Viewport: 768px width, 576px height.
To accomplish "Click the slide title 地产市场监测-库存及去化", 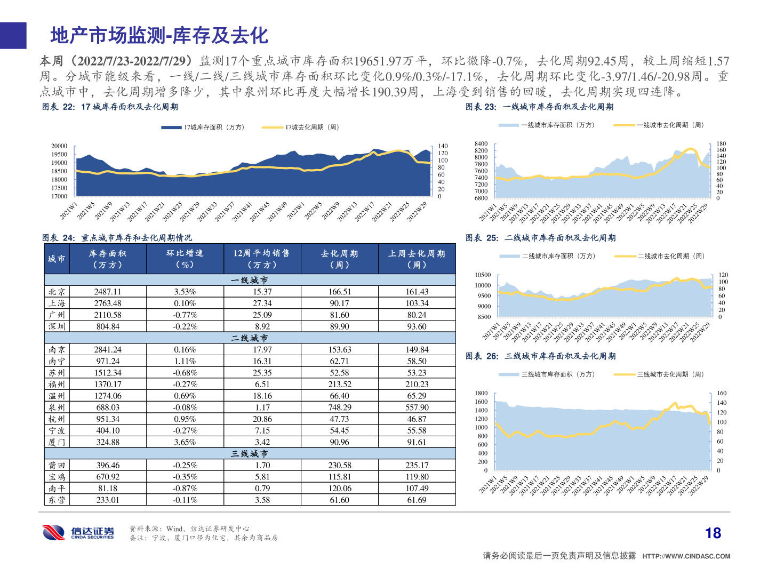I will pos(159,36).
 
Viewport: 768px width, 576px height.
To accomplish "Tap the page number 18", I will pos(713,533).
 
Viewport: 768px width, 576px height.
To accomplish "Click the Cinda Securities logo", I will pos(78,532).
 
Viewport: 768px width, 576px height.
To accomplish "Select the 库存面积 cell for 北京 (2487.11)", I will pos(108,292).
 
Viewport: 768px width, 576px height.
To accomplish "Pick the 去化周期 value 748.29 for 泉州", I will pos(339,407).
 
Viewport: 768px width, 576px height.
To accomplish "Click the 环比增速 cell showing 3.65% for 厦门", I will pos(185,442).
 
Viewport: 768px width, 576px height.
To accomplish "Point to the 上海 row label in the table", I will pos(57,303).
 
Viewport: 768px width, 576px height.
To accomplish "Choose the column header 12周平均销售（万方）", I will pos(262,259).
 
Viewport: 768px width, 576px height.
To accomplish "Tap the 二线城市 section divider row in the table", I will pos(250,338).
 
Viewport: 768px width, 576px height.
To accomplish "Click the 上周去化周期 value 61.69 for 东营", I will pos(417,500).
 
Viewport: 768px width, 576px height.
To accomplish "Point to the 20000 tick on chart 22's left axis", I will pos(59,146).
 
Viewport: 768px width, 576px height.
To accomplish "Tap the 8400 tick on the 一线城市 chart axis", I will pos(481,144).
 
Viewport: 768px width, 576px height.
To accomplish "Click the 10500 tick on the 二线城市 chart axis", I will pos(483,275).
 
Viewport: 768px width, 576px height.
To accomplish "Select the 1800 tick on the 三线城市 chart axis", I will pos(481,394).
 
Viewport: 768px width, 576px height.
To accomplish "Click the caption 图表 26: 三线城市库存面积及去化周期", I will pos(540,356).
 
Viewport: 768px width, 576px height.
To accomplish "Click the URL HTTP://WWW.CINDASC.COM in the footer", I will pos(686,556).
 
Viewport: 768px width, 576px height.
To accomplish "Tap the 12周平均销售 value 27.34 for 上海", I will pos(262,303).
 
